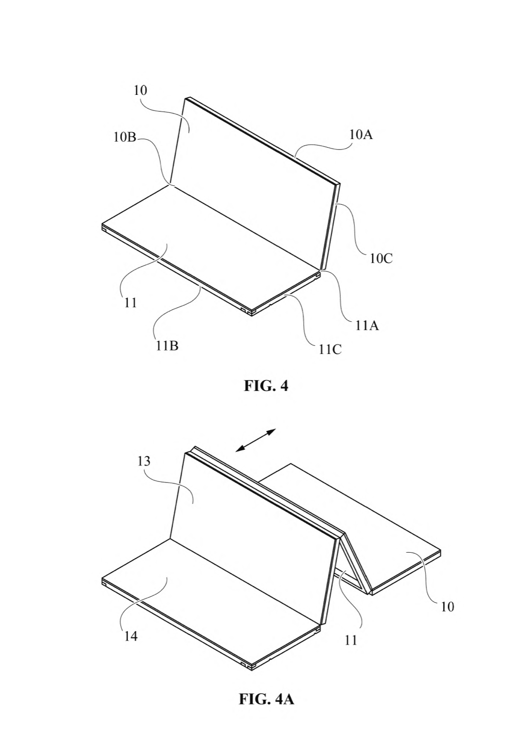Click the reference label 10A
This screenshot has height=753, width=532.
tap(361, 135)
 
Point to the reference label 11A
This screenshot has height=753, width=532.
tap(367, 325)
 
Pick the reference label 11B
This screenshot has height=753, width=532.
tap(167, 345)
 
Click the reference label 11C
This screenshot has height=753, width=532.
tap(330, 349)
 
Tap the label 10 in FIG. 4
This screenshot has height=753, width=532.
tap(141, 90)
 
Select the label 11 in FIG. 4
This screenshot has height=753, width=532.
tap(130, 303)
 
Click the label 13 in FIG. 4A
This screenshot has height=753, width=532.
tap(144, 461)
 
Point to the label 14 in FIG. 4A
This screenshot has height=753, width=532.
tap(130, 636)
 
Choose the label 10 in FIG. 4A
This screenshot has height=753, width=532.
tap(447, 607)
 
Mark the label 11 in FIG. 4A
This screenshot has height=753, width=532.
tap(350, 641)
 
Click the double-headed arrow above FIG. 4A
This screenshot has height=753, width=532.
tap(255, 440)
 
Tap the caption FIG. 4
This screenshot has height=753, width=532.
tap(266, 386)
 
